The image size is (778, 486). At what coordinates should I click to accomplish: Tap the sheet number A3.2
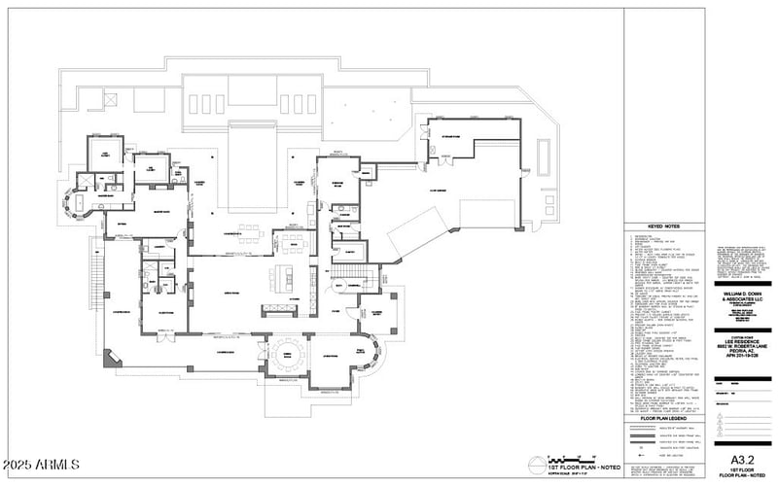tap(743, 458)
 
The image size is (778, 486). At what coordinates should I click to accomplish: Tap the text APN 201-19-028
tap(743, 342)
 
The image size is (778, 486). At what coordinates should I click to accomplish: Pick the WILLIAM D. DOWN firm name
tap(743, 292)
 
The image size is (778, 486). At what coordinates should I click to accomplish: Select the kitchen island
tap(288, 275)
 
